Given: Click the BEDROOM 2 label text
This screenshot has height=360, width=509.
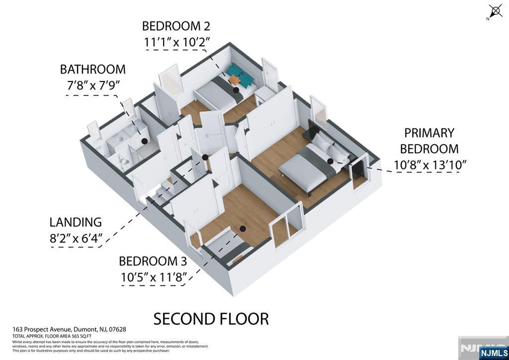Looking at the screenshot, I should [x=175, y=26].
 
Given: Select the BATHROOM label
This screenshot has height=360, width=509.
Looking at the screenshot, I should [x=93, y=69].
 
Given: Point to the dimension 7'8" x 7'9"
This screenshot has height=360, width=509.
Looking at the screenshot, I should [x=93, y=86].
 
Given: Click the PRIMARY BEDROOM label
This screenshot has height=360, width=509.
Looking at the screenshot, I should [x=429, y=141].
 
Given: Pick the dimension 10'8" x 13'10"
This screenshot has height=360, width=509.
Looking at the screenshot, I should [x=430, y=165].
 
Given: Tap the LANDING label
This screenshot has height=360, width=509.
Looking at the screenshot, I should [x=76, y=222].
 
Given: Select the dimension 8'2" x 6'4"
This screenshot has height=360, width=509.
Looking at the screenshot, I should [x=76, y=239].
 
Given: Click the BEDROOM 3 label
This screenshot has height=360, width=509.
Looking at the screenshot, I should [x=156, y=261].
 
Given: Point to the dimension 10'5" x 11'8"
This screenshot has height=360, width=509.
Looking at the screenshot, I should [x=154, y=277].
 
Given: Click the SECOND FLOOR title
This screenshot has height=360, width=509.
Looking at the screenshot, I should [x=211, y=319].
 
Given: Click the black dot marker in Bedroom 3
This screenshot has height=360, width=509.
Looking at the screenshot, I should [x=243, y=229].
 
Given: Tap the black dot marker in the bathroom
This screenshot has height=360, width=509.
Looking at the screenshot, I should [x=144, y=141].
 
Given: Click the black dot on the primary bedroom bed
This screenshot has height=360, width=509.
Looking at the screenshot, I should [x=330, y=161].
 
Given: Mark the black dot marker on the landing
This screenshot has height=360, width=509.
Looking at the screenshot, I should [x=205, y=158].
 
